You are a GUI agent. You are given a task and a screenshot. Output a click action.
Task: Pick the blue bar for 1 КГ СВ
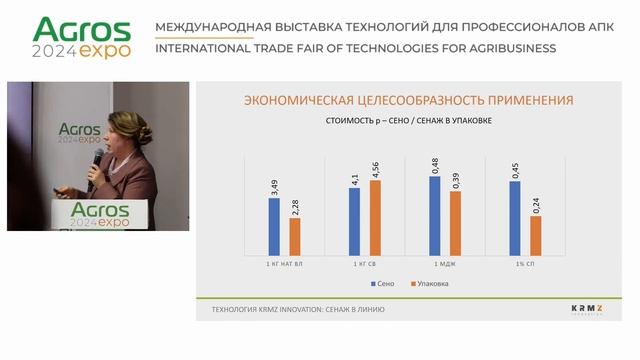(x=354, y=221)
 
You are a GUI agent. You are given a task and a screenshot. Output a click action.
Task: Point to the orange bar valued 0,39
(x=456, y=222)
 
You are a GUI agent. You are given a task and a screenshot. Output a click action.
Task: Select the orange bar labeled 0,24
(x=536, y=235)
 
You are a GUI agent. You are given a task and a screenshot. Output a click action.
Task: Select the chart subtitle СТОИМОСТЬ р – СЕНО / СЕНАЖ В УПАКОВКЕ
(x=409, y=122)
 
